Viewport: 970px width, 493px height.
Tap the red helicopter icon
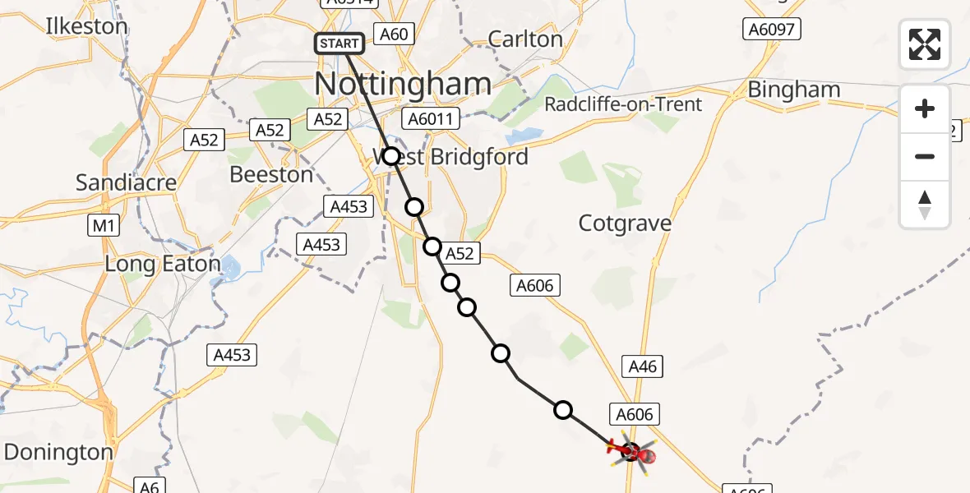click(x=631, y=452)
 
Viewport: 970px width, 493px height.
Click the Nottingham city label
click(x=403, y=84)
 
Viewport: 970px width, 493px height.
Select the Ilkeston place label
click(x=86, y=26)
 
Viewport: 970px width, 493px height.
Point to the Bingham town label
click(x=793, y=90)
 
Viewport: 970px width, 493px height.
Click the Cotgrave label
click(x=625, y=223)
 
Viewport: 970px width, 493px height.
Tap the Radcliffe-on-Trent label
click(x=624, y=104)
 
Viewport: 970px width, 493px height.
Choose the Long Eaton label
click(x=163, y=265)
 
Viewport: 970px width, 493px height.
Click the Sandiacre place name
click(x=126, y=182)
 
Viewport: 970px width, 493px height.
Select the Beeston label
click(x=271, y=174)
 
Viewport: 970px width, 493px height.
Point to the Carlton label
click(x=525, y=39)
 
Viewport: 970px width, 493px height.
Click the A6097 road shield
click(x=772, y=30)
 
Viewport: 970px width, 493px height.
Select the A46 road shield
click(x=643, y=366)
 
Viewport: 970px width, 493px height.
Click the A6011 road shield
click(x=430, y=119)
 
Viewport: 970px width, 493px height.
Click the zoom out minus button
click(x=925, y=156)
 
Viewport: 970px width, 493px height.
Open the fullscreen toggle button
click(x=925, y=44)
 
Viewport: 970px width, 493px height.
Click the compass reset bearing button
click(x=925, y=205)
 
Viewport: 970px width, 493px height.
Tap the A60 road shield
click(x=393, y=34)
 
